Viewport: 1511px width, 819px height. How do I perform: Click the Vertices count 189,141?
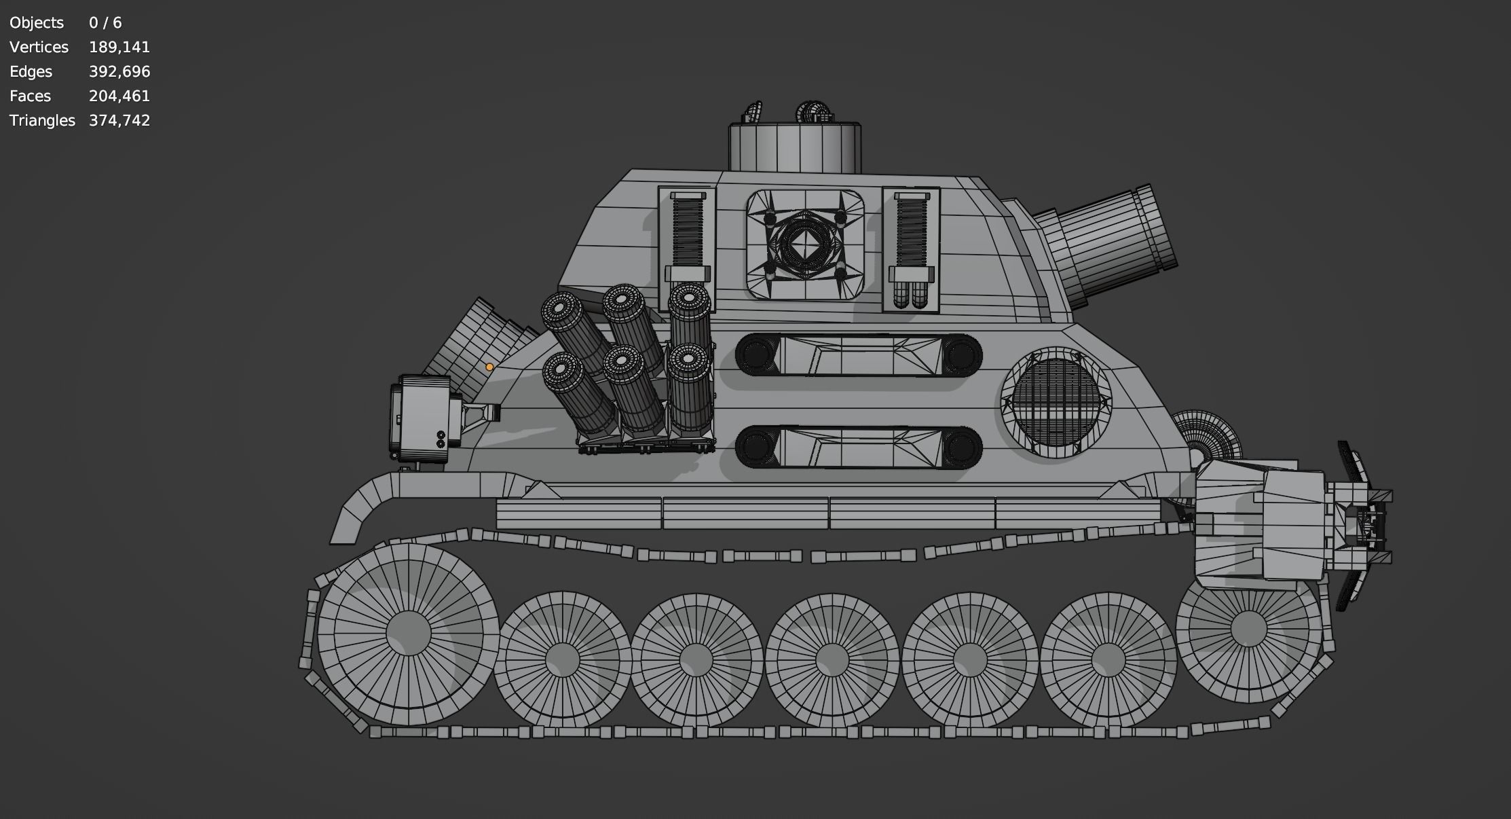coord(119,47)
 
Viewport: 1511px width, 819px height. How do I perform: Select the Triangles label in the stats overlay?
coord(42,120)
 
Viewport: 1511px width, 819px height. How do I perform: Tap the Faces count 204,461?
coord(119,96)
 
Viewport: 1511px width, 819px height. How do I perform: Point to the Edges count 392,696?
coord(119,71)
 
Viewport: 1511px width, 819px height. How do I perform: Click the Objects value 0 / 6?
coord(105,22)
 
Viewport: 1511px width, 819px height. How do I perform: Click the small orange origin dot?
coord(489,367)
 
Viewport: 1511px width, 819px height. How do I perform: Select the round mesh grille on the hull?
coord(1056,402)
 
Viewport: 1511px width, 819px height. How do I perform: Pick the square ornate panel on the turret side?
coord(805,244)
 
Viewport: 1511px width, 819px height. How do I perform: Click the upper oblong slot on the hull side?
coord(859,354)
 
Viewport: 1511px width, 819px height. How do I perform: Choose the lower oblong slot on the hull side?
coord(859,447)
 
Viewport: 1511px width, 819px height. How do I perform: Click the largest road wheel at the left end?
coord(408,632)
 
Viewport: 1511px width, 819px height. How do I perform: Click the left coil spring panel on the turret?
coord(687,248)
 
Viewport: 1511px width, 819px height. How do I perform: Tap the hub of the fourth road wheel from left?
coord(832,659)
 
